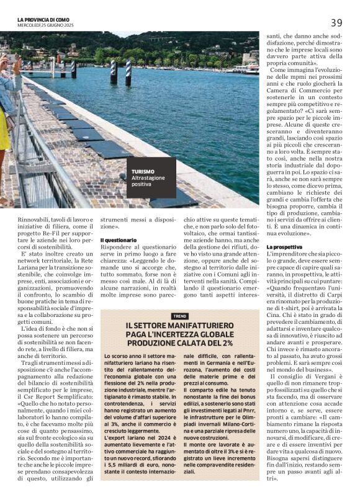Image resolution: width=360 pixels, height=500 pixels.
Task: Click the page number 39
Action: tap(336, 22)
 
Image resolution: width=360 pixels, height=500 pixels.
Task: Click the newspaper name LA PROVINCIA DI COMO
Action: tap(45, 19)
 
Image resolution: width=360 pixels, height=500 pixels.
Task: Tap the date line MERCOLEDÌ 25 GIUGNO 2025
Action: tap(45, 25)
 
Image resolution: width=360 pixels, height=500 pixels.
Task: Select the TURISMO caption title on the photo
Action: tap(143, 171)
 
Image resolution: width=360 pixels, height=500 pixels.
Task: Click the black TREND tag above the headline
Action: tap(179, 316)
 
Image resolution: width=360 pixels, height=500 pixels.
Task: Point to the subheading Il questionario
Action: tap(119, 239)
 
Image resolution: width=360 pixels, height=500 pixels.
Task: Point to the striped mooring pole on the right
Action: tap(128, 72)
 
